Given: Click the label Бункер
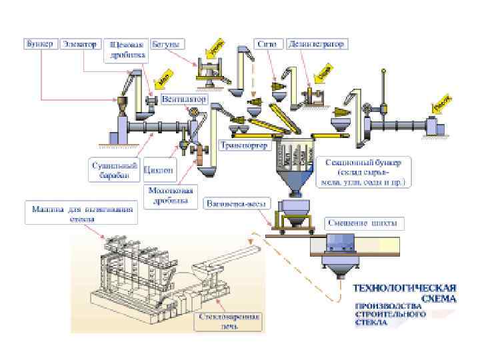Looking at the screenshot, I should (39, 44).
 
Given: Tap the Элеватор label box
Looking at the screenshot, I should (79, 44).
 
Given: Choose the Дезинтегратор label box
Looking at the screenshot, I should (317, 44).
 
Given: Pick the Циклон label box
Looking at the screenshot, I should (159, 169).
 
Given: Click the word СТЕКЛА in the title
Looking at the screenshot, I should (369, 322).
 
